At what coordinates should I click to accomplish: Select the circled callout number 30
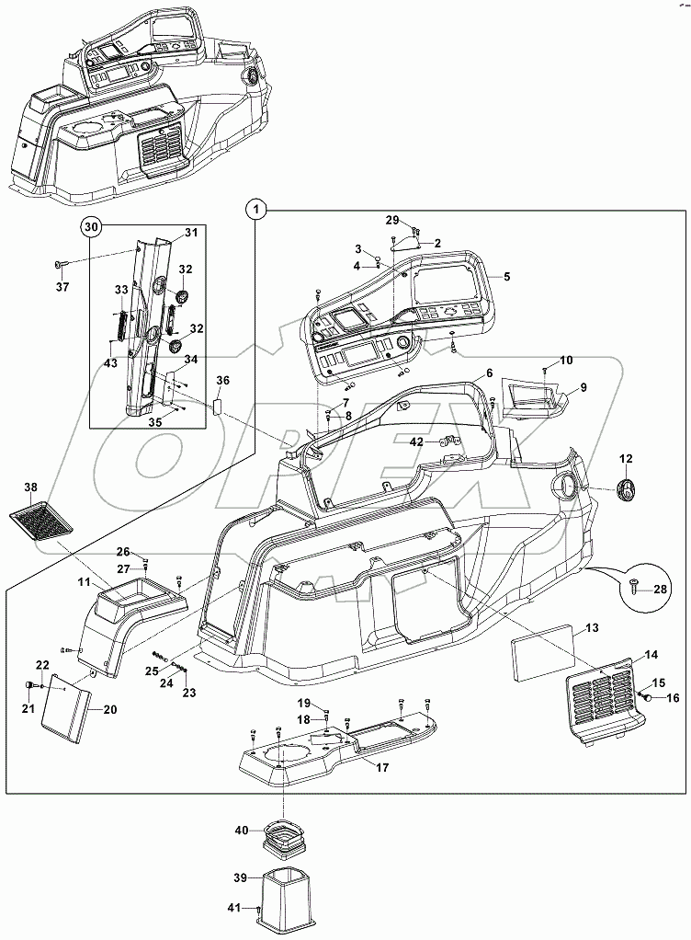click(90, 225)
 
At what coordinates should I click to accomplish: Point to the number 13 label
click(592, 627)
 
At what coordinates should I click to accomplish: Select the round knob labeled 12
click(627, 491)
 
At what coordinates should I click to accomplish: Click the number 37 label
click(62, 286)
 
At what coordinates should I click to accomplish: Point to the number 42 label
click(416, 441)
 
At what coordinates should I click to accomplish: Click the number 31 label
click(190, 233)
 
